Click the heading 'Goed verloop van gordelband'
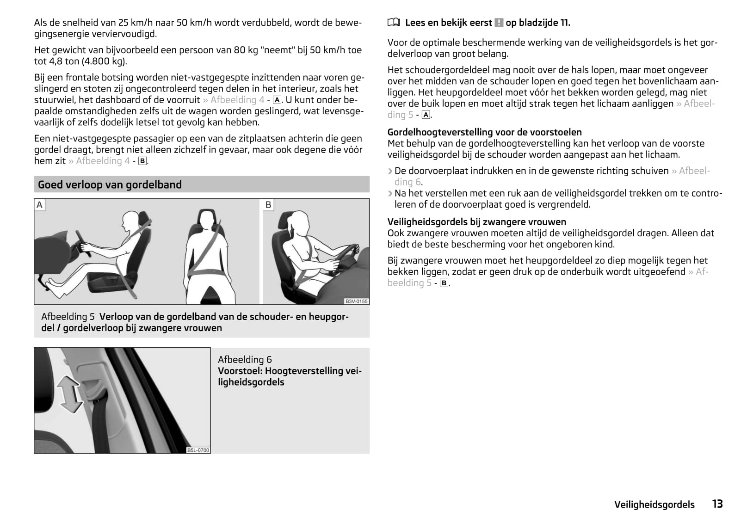110,184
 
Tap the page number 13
717,503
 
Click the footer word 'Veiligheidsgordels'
654,504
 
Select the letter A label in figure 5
40,205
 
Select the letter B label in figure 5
268,205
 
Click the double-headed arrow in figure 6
70,393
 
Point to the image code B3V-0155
356,301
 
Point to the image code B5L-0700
198,450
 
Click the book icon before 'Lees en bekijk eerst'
393,22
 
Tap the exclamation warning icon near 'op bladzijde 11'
499,23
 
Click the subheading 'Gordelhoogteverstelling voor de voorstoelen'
484,132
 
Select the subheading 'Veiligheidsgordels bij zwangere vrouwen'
476,221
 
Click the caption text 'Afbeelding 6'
245,359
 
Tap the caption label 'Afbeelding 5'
68,317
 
